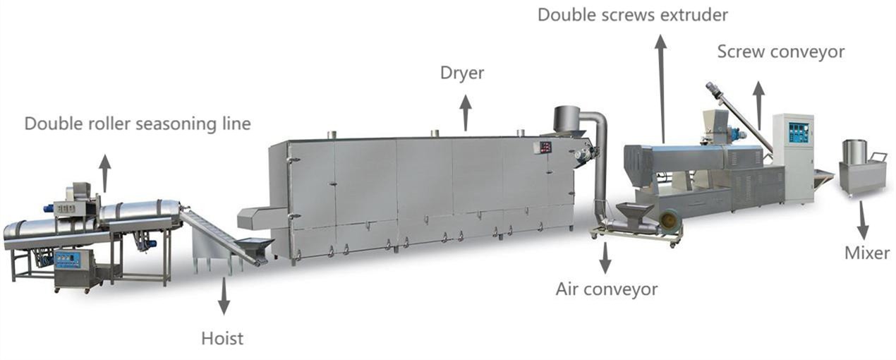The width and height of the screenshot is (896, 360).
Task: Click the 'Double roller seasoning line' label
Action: tap(138, 124)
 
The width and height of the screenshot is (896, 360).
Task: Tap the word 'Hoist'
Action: tap(222, 338)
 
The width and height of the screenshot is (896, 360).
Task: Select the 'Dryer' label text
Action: tap(462, 73)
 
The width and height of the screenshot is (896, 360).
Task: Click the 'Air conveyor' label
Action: tap(607, 289)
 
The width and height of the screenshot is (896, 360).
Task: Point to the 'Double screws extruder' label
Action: tap(633, 15)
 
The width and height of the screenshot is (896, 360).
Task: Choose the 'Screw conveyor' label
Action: tap(781, 52)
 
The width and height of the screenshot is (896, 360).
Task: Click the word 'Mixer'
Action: tap(867, 253)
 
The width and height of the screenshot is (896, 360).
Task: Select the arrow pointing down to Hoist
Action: tap(224, 296)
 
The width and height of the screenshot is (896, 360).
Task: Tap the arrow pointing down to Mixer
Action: tap(864, 220)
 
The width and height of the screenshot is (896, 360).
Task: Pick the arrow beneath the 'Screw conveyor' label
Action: tap(758, 106)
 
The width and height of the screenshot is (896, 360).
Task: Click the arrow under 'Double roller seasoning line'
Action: tap(105, 173)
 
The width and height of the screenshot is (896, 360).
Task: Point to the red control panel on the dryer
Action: tap(543, 148)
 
